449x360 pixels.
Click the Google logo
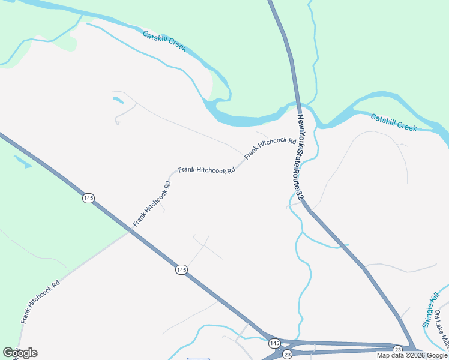pos(20,353)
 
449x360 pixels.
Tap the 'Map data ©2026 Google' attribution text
pos(412,355)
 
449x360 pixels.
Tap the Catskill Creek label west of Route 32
pos(164,41)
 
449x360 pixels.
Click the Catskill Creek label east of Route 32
pos(393,122)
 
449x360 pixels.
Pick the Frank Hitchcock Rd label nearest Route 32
pos(270,148)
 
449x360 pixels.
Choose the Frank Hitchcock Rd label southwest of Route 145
pos(41,302)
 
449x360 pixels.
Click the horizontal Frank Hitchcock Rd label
pos(206,171)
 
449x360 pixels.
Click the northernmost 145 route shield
pos(88,198)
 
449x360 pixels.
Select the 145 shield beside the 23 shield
pos(274,343)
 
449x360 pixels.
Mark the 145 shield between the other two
pos(181,270)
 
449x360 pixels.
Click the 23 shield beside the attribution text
pos(397,349)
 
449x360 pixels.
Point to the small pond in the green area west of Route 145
pos(22,161)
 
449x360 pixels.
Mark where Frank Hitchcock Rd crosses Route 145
pos(130,231)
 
